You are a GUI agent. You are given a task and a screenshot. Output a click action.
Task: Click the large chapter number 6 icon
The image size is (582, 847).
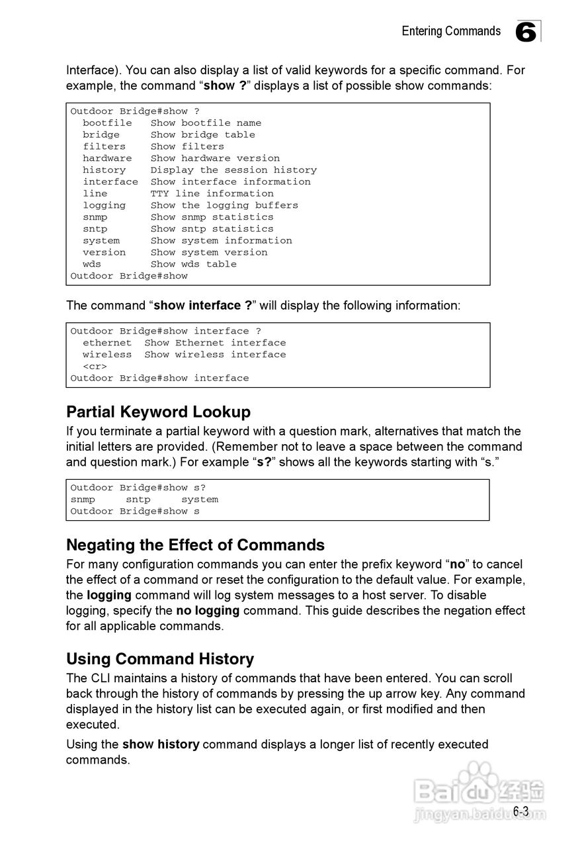pyautogui.click(x=526, y=32)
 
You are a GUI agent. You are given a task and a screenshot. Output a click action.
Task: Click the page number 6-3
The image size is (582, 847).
pyautogui.click(x=521, y=811)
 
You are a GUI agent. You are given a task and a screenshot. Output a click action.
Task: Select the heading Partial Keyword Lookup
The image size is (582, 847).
pyautogui.click(x=158, y=412)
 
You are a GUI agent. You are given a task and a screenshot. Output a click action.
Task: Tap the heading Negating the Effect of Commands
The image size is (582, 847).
pyautogui.click(x=195, y=545)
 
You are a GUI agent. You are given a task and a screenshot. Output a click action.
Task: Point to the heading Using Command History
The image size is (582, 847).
pyautogui.click(x=160, y=659)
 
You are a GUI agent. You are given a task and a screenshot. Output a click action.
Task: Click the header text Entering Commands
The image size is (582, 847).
pyautogui.click(x=451, y=31)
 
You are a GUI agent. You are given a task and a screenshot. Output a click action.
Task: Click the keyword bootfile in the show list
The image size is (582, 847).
pyautogui.click(x=107, y=123)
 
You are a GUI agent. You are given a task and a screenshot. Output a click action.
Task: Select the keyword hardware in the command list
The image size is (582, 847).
pyautogui.click(x=107, y=158)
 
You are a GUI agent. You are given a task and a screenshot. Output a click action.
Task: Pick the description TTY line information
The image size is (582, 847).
pyautogui.click(x=212, y=194)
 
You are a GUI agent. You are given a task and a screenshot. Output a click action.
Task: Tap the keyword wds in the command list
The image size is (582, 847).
pyautogui.click(x=92, y=264)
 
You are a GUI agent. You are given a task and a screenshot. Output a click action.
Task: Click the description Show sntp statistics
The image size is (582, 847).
pyautogui.click(x=212, y=229)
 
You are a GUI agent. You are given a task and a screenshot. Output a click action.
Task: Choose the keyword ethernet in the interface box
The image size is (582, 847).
pyautogui.click(x=107, y=343)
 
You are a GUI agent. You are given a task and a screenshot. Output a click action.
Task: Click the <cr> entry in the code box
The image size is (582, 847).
pyautogui.click(x=95, y=367)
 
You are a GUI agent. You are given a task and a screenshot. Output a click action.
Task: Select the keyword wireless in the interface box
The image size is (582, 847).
pyautogui.click(x=107, y=355)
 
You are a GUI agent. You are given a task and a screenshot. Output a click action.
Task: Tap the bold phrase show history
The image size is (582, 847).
pyautogui.click(x=161, y=744)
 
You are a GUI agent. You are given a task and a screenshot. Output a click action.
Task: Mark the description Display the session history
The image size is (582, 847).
pyautogui.click(x=233, y=170)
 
